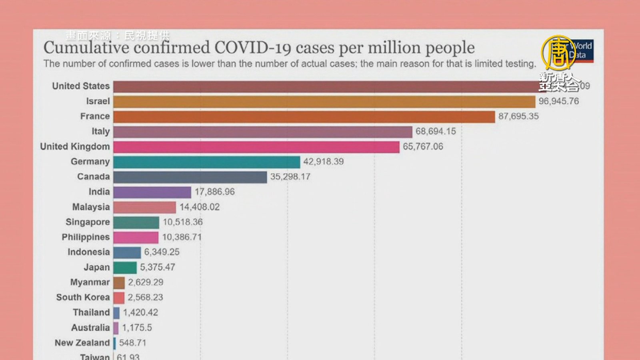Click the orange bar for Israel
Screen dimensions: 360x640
324,102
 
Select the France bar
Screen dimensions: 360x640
304,117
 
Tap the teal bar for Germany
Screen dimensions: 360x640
206,162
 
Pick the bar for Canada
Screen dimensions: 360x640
190,177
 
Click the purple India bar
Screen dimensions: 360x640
152,192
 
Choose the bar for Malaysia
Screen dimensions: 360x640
144,207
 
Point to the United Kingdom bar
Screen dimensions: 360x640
256,147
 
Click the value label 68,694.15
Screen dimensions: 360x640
436,131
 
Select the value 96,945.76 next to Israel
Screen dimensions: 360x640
558,101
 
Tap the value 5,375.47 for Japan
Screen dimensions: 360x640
158,267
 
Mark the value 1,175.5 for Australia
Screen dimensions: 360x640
137,328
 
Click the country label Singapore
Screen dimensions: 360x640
88,222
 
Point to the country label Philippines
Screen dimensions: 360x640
86,237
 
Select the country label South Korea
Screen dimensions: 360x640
83,297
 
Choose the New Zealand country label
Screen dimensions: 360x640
82,343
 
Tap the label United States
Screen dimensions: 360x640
81,86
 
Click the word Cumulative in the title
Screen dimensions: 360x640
86,48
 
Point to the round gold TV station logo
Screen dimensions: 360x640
559,52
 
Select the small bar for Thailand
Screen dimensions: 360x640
116,313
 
